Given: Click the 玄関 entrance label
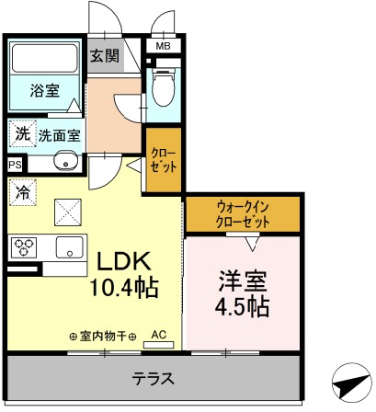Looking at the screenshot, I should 105,56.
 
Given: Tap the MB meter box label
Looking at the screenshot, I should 163,46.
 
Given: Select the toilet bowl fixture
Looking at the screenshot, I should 163,91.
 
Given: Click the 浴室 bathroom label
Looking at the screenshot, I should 43,90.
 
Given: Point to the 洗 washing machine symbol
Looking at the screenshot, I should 21,134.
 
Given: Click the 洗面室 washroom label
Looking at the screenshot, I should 59,135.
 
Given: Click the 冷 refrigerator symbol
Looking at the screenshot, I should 21,194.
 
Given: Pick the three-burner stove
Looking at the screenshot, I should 23,247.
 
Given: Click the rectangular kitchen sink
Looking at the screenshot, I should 68,247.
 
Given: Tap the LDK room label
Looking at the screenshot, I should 119,260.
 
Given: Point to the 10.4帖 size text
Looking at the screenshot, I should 123,286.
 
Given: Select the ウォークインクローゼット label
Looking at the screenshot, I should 243,215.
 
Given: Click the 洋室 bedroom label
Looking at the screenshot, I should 243,279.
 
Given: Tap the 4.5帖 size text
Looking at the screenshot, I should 243,306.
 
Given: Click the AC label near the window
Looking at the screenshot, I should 158,335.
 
